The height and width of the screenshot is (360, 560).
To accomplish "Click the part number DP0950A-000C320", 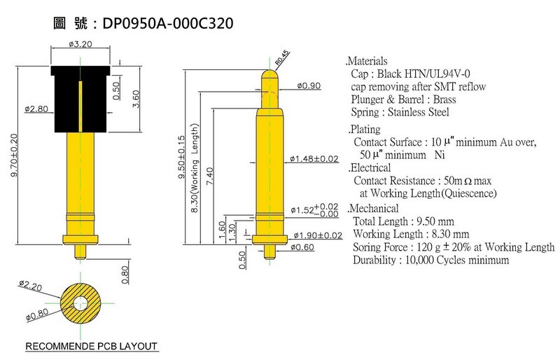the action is pyautogui.click(x=168, y=23).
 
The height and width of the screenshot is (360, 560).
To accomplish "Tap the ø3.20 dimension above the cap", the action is pyautogui.click(x=80, y=44).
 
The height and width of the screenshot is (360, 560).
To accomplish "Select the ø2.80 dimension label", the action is pyautogui.click(x=36, y=109).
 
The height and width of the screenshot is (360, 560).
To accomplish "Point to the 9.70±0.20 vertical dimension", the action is pyautogui.click(x=13, y=155).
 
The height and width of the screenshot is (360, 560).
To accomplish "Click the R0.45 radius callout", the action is pyautogui.click(x=282, y=57).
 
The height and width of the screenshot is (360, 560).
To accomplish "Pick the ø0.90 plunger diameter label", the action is pyautogui.click(x=309, y=86).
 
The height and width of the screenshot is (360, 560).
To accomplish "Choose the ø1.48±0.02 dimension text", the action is pyautogui.click(x=314, y=159).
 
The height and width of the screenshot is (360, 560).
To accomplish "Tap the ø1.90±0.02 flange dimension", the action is pyautogui.click(x=318, y=235).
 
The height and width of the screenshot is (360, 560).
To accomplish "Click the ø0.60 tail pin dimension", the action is pyautogui.click(x=302, y=247).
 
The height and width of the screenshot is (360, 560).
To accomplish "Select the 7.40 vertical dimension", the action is pyautogui.click(x=209, y=176).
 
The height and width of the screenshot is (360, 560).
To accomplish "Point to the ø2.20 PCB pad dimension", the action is pyautogui.click(x=31, y=285).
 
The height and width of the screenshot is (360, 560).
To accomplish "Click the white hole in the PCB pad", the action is pyautogui.click(x=80, y=303).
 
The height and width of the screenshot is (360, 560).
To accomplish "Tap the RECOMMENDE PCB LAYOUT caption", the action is pyautogui.click(x=92, y=347).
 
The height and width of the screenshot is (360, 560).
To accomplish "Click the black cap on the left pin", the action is pyautogui.click(x=80, y=99).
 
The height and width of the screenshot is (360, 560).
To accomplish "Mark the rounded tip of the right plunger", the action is pyautogui.click(x=269, y=75).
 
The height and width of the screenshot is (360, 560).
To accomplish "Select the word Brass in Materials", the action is pyautogui.click(x=444, y=99).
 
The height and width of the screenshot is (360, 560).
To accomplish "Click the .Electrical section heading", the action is pyautogui.click(x=370, y=167).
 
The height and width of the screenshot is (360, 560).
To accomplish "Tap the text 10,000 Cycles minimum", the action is pyautogui.click(x=457, y=260).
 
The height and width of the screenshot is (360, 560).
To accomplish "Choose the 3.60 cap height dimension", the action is pyautogui.click(x=136, y=99).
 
